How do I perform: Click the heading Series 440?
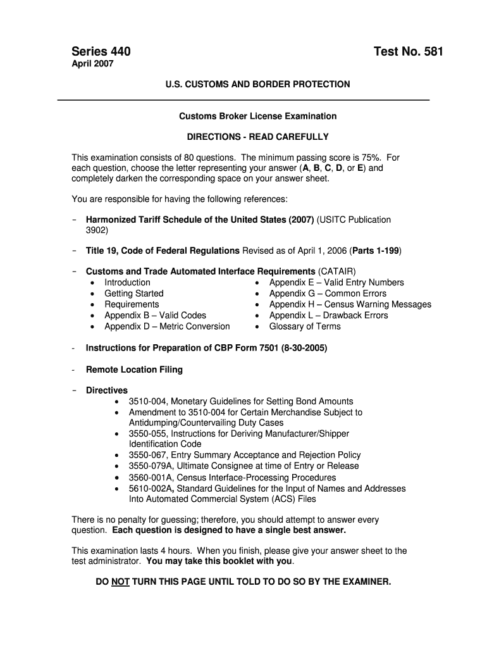pos(101,51)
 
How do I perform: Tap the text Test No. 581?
pos(409,51)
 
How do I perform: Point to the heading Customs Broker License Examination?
pos(257,116)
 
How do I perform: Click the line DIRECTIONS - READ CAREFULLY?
pos(257,137)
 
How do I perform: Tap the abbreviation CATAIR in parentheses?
pos(341,271)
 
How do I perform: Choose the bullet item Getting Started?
pos(134,294)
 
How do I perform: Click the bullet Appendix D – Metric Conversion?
pos(167,327)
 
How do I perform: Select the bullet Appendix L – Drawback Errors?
pos(328,315)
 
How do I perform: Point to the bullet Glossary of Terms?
pos(305,327)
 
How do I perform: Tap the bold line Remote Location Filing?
pos(134,370)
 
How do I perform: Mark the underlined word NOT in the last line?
pos(120,581)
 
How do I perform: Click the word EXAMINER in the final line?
pos(364,581)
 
